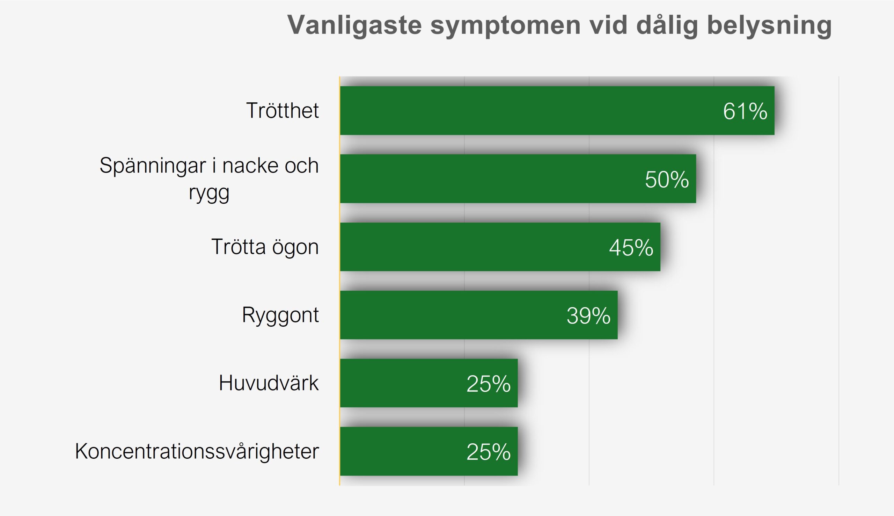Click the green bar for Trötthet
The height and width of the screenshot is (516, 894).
pyautogui.click(x=557, y=110)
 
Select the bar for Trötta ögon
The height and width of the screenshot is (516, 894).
pyautogui.click(x=500, y=247)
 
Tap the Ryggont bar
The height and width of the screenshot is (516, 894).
pyautogui.click(x=479, y=315)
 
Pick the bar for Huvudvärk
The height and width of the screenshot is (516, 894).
pyautogui.click(x=429, y=383)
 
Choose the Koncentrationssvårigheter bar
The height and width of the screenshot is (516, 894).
pyautogui.click(x=429, y=451)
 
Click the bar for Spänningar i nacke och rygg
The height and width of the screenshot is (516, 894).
pyautogui.click(x=518, y=179)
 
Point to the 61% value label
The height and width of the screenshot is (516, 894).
pyautogui.click(x=745, y=111)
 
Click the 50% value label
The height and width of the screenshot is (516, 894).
pyautogui.click(x=667, y=179)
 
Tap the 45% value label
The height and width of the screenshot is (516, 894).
pyautogui.click(x=631, y=247)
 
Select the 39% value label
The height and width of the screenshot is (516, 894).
pyautogui.click(x=589, y=316)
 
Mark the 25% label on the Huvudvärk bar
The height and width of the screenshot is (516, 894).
pyautogui.click(x=489, y=384)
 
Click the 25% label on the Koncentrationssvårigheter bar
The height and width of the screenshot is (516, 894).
pyautogui.click(x=489, y=452)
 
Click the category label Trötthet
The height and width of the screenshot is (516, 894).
pyautogui.click(x=283, y=110)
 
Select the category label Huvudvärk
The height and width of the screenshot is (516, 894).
pyautogui.click(x=269, y=383)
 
